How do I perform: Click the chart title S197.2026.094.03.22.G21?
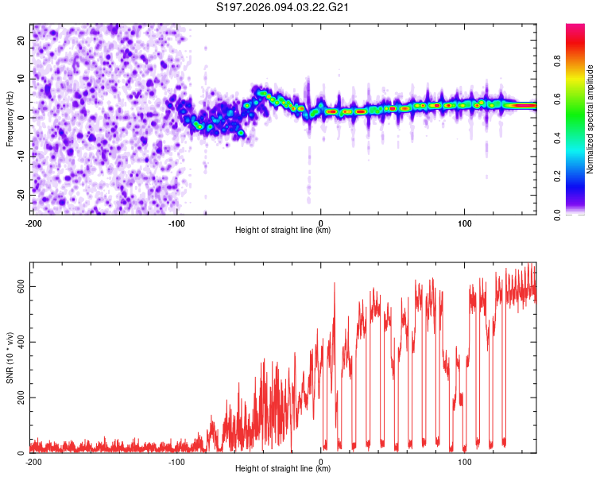284,8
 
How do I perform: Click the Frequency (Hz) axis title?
10,118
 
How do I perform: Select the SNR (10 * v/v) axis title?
10,357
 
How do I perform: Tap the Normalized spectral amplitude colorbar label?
590,118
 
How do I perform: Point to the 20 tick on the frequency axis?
22,40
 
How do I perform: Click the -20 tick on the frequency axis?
21,195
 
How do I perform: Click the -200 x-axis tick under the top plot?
33,223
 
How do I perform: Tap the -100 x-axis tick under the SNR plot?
176,462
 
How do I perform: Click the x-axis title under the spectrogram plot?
283,231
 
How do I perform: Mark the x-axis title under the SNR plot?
283,470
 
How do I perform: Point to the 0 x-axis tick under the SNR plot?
321,462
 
